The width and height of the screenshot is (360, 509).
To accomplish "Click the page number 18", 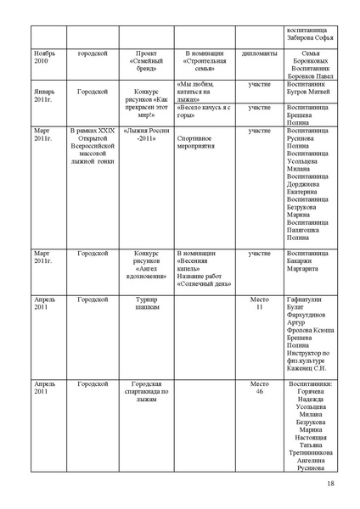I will click(330, 484).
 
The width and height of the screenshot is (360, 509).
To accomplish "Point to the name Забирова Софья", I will click(311, 36).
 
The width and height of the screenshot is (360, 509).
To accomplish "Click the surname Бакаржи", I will click(311, 261).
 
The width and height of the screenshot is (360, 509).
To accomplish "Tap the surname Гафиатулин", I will click(311, 300).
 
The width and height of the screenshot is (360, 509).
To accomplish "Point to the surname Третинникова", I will click(311, 452).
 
